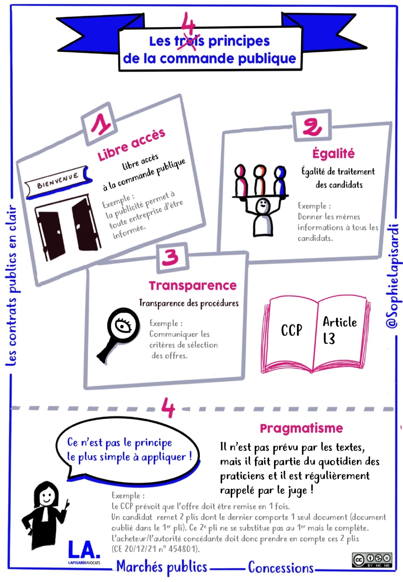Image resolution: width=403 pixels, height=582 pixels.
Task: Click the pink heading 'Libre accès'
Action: tap(131, 144)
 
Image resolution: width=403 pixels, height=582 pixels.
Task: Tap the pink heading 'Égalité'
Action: tap(334, 154)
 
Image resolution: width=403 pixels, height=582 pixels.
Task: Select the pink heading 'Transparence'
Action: tap(193, 286)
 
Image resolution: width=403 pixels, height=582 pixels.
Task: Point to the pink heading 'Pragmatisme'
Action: tap(301, 428)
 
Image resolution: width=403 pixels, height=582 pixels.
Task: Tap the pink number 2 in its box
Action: tap(312, 126)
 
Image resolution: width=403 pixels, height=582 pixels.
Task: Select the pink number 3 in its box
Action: tap(170, 257)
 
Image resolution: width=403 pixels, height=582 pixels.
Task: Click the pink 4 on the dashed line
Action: tap(168, 407)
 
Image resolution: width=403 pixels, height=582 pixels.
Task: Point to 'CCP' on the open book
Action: tap(291, 330)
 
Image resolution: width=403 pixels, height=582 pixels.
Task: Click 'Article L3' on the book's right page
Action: tap(339, 330)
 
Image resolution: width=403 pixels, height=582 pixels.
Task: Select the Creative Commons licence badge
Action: tap(372, 560)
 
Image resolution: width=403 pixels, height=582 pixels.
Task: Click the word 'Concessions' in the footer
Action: tap(281, 568)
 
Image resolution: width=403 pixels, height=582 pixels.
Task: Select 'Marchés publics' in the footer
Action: tap(162, 567)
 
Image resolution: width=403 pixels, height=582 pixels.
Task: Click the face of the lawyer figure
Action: tap(47, 495)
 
